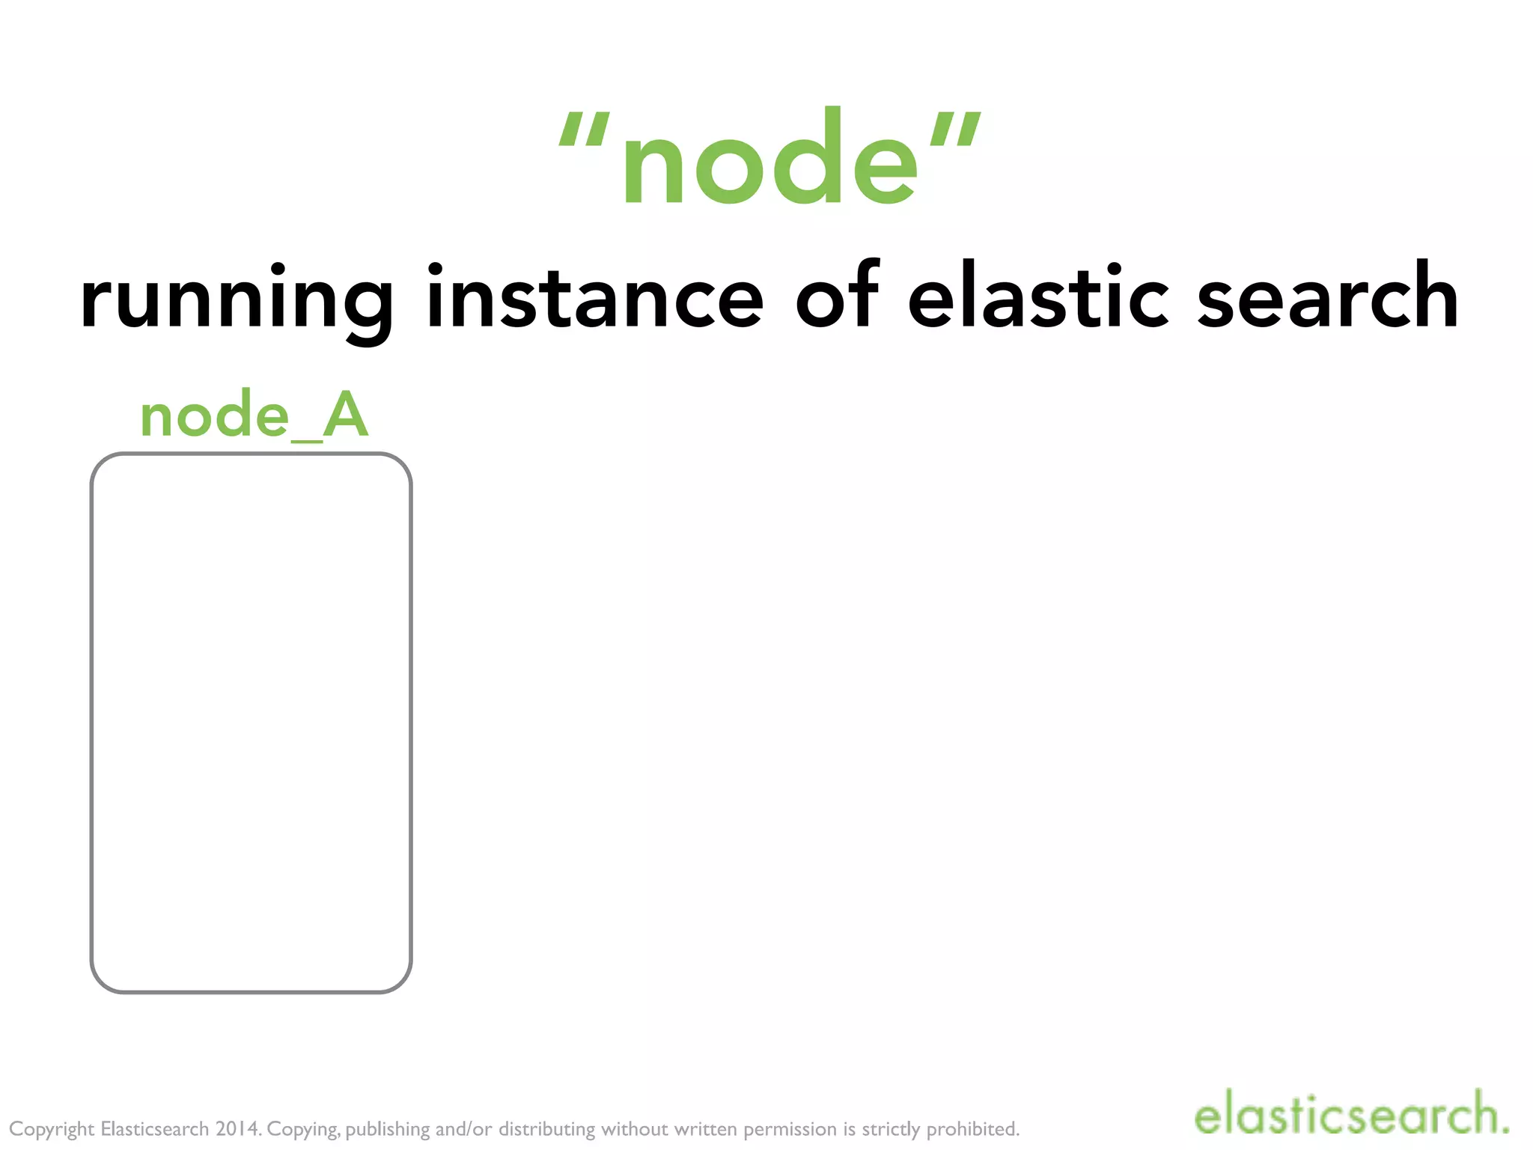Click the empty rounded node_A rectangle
(x=251, y=722)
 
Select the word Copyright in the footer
(x=52, y=1129)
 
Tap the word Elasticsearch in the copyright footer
(x=154, y=1128)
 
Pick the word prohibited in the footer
(x=973, y=1128)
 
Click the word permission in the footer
(x=790, y=1129)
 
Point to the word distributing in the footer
(x=546, y=1129)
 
